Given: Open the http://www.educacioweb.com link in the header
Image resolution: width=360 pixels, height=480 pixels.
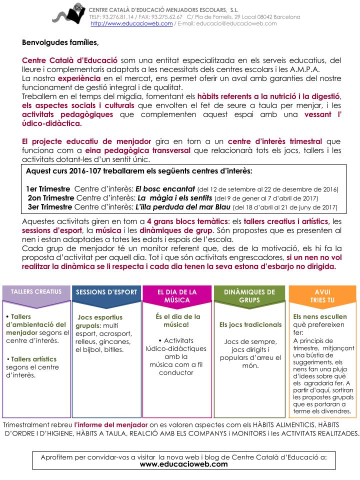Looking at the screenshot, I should [131, 23].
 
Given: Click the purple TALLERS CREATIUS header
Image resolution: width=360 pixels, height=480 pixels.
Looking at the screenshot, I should [36, 291].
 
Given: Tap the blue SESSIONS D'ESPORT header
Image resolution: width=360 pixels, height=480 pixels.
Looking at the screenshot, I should [106, 292].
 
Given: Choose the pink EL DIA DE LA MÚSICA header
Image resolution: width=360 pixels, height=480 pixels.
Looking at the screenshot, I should [177, 295].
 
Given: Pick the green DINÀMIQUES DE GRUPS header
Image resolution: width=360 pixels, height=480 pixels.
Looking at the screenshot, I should [249, 295].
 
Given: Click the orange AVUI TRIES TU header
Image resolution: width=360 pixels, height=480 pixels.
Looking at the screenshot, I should [322, 295].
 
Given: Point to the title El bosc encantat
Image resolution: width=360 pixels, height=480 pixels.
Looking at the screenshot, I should [165, 189].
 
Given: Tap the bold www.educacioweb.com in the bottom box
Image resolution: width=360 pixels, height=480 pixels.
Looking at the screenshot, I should [183, 464].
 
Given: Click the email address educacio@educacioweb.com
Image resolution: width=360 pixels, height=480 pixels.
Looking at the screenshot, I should [236, 23].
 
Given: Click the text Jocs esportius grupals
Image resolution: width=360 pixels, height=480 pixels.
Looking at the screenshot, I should [99, 321].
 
